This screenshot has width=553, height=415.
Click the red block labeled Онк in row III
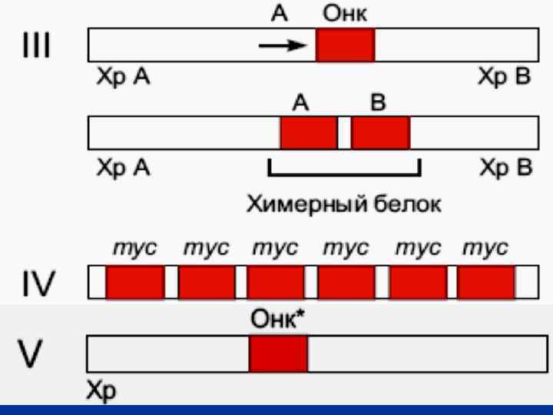click(x=345, y=45)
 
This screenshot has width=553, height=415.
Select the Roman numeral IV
click(x=40, y=282)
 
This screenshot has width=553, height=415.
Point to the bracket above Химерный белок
click(x=344, y=171)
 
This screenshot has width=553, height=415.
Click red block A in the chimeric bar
click(x=309, y=132)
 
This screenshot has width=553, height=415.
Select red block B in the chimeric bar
click(x=380, y=132)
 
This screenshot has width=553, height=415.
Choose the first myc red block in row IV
click(x=135, y=282)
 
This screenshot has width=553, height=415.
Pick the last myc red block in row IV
click(x=486, y=282)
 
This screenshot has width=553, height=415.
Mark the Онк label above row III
click(x=345, y=15)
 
